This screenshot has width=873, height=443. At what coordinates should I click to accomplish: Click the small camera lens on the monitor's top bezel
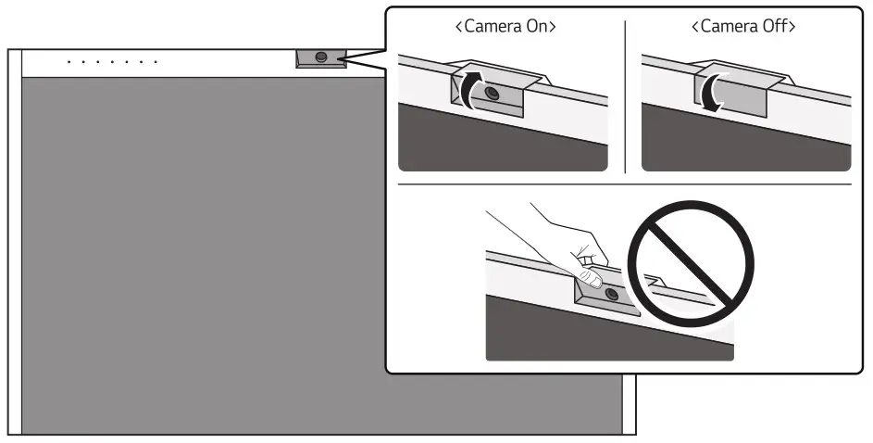(320, 57)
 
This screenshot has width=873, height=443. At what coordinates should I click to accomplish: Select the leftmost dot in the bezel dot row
(70, 62)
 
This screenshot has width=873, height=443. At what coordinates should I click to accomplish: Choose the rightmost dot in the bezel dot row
(156, 62)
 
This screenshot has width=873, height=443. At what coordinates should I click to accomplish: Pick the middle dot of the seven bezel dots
(113, 62)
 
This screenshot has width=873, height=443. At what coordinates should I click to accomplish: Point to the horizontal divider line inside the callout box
(625, 184)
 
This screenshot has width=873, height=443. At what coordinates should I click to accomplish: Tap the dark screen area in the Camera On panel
(491, 144)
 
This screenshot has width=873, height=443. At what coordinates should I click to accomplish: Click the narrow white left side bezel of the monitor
(14, 241)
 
